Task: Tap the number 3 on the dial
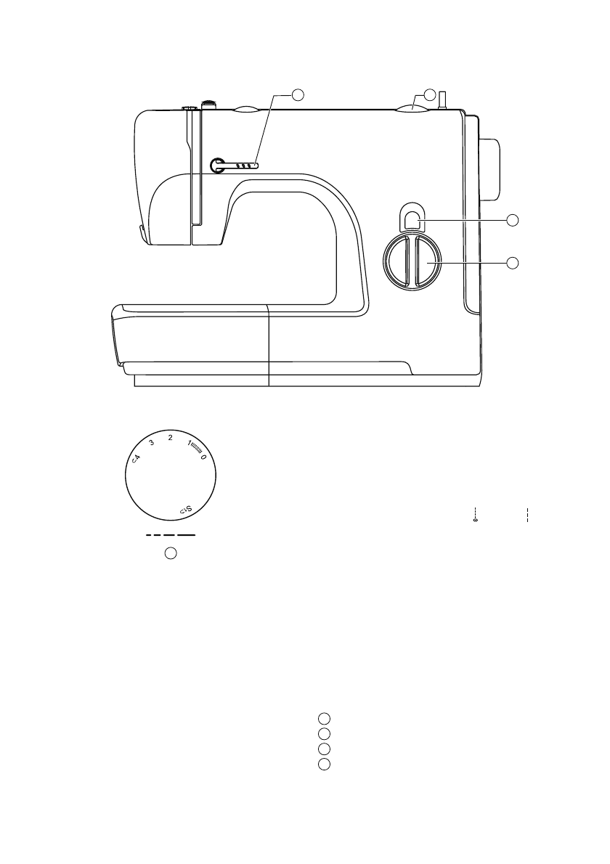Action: pos(151,443)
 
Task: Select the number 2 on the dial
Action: pos(170,438)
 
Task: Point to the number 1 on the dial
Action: pos(189,444)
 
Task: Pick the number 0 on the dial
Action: pos(203,457)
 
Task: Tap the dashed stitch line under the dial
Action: pos(171,535)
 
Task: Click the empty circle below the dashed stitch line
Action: pos(170,553)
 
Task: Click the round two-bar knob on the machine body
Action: pos(410,260)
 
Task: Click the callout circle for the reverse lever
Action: pos(513,219)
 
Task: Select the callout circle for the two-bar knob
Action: pos(513,262)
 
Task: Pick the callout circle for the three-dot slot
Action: pos(298,94)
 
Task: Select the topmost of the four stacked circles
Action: pos(325,718)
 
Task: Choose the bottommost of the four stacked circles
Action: pos(325,764)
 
